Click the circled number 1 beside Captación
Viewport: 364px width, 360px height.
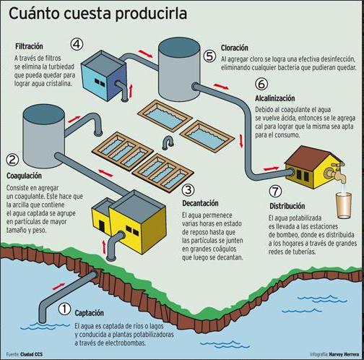tap(64, 309)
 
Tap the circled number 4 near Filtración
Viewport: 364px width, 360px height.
tap(77, 44)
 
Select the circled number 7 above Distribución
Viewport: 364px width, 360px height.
tap(275, 191)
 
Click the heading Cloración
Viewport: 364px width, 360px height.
tap(235, 48)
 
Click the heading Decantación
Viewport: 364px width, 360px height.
tap(200, 203)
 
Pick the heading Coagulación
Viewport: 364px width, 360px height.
tap(24, 176)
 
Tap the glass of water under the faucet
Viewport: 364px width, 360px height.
tap(344, 205)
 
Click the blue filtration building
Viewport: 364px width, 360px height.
tap(104, 76)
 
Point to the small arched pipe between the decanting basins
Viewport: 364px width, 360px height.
tap(168, 142)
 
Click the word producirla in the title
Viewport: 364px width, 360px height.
tap(151, 14)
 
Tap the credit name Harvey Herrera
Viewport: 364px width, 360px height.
tap(344, 354)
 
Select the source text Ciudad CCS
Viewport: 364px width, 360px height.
tap(31, 354)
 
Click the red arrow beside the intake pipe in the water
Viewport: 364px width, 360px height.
tap(58, 286)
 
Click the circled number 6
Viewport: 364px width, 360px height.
tap(261, 84)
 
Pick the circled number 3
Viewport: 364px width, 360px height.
tap(188, 190)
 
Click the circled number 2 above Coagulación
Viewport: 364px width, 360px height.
tap(12, 159)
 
